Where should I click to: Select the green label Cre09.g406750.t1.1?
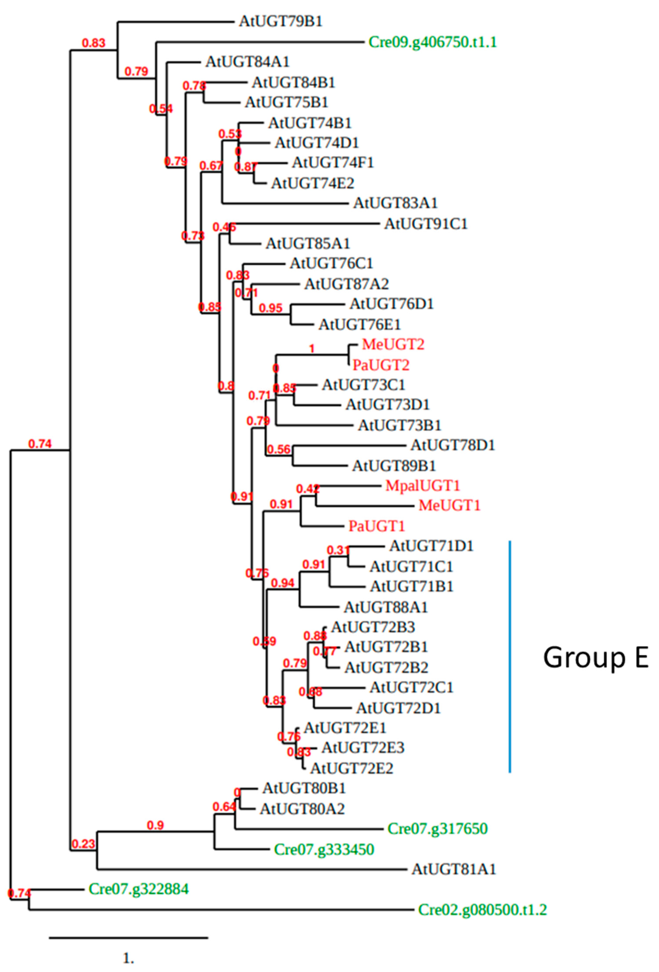tap(433, 42)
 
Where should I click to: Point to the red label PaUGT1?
tap(377, 526)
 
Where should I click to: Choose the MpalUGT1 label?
tap(423, 486)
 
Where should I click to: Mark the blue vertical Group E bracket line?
tap(510, 657)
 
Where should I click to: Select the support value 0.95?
tap(271, 308)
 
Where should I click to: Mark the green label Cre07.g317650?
tap(437, 829)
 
